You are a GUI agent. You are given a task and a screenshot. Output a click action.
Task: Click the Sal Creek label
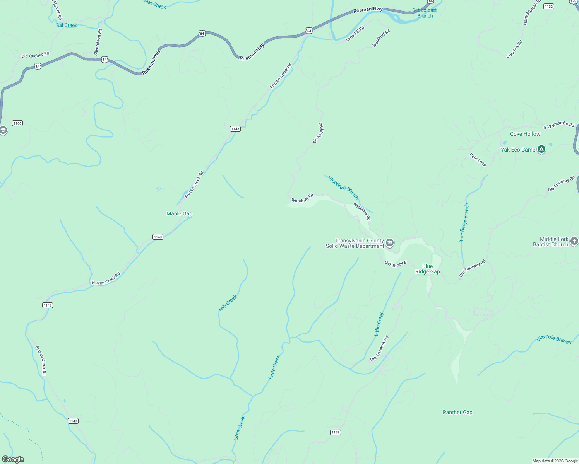(x=67, y=25)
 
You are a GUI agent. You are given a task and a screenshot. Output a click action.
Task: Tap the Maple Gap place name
(x=179, y=213)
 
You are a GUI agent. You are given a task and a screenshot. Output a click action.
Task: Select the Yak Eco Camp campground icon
(x=541, y=149)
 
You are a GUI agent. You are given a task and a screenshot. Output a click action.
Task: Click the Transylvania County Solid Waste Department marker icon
(x=390, y=243)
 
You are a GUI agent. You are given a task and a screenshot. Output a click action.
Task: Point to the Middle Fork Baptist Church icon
(x=574, y=241)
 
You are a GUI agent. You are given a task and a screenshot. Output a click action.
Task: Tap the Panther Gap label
(x=457, y=412)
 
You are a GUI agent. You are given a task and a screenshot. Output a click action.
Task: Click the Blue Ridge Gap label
(x=427, y=269)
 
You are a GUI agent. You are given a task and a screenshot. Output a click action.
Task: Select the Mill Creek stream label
(x=228, y=303)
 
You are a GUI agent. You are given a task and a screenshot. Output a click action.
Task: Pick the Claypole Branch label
(x=553, y=339)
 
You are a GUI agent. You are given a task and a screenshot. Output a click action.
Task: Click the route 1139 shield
(x=336, y=432)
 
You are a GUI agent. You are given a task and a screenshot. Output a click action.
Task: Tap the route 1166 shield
(x=17, y=123)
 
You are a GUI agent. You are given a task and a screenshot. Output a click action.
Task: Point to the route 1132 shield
(x=548, y=7)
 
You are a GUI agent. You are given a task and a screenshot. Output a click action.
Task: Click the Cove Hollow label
(x=525, y=134)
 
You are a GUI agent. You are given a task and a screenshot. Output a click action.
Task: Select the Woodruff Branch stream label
(x=343, y=187)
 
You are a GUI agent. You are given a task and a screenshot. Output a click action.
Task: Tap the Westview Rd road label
(x=362, y=212)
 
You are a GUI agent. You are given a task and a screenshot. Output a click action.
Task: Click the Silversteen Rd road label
(x=98, y=42)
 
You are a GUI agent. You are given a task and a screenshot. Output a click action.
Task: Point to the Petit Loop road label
(x=478, y=160)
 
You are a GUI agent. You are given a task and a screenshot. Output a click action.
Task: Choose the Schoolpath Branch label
(x=425, y=13)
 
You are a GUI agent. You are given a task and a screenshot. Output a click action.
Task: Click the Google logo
(x=13, y=459)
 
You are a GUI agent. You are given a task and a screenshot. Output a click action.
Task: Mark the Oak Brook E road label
(x=396, y=264)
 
